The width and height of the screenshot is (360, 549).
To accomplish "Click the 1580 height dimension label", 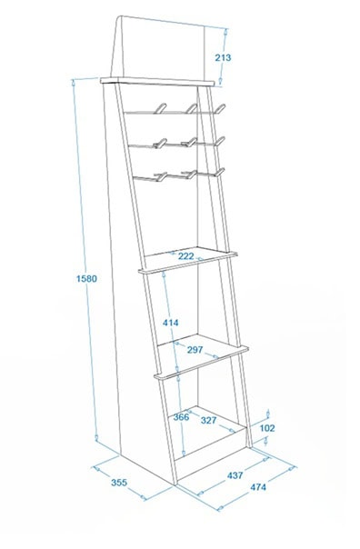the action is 86,279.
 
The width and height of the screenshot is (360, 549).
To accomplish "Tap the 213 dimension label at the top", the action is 223,57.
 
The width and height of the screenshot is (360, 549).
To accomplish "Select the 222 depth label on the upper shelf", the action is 186,256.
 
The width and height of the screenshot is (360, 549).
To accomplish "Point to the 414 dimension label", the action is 171,323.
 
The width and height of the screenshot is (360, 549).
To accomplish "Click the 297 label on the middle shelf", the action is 195,349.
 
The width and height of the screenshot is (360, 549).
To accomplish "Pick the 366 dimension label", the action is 181,417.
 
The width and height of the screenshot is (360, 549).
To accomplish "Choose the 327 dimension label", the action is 209,420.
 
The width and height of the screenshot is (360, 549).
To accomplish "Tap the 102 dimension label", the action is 267,428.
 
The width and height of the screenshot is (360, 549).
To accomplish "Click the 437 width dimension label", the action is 235,475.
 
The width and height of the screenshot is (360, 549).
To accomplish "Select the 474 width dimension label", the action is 258,486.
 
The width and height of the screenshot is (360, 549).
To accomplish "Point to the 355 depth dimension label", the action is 119,483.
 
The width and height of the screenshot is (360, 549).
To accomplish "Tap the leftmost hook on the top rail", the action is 160,108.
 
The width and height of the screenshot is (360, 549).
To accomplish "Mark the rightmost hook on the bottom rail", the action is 220,173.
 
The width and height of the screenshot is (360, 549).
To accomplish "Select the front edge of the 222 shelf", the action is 188,263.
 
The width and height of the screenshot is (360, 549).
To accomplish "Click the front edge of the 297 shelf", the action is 201,363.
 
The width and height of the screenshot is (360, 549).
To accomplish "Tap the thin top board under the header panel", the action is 157,81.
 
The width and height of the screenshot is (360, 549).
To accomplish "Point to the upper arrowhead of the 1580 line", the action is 74,83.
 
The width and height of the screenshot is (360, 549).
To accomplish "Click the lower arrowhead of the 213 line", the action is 221,81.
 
